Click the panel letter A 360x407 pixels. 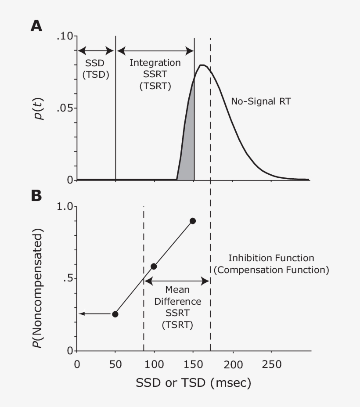(36, 26)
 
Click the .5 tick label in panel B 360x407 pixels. (67, 279)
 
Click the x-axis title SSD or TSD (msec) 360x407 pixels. (193, 383)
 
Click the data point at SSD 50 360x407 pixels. (115, 314)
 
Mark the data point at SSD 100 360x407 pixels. (154, 266)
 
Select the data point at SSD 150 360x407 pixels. (192, 220)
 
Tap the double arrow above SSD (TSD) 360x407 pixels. (96, 50)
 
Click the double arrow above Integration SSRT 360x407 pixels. (155, 50)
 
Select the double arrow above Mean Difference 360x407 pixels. (177, 279)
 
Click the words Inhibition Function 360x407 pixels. (271, 258)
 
